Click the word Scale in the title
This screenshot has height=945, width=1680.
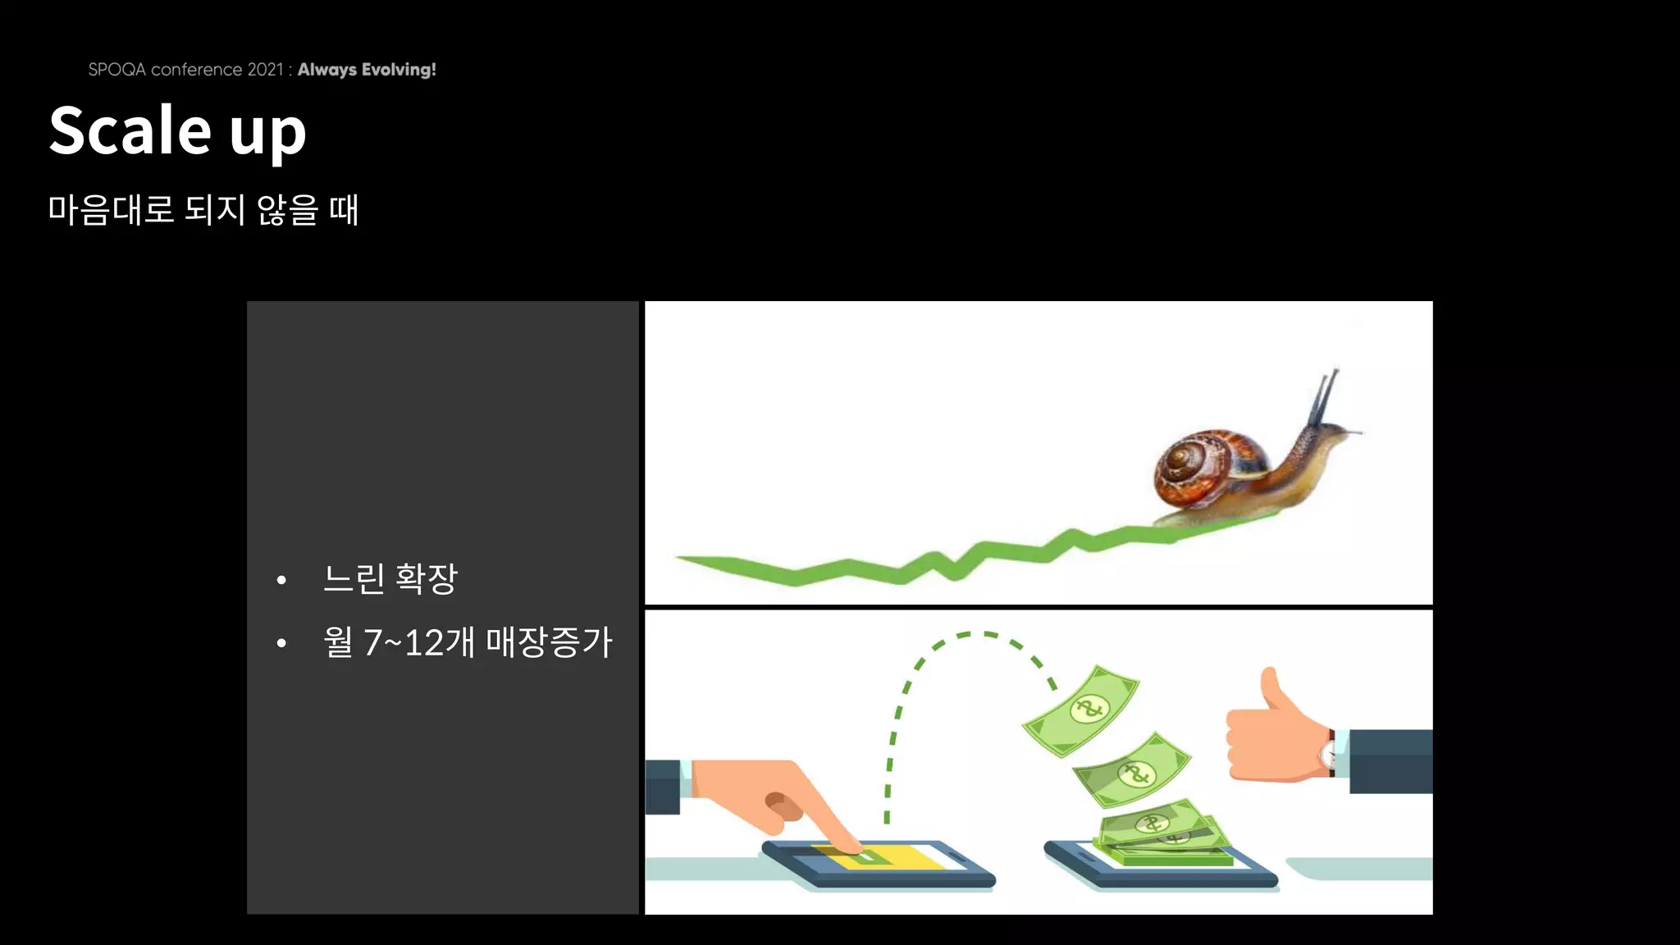point(130,130)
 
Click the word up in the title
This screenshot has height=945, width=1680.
point(267,135)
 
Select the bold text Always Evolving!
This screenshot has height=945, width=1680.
point(367,70)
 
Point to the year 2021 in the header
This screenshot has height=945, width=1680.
point(265,70)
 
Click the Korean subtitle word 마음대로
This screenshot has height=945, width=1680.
point(111,210)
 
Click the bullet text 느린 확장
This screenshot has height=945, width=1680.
point(390,579)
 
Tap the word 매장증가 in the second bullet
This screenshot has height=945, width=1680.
point(549,642)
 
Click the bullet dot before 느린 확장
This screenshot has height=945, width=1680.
point(281,580)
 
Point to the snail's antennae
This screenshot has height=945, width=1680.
point(1324,395)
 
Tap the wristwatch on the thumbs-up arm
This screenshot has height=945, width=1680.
point(1328,752)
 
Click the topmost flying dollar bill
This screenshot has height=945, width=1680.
point(1082,710)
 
